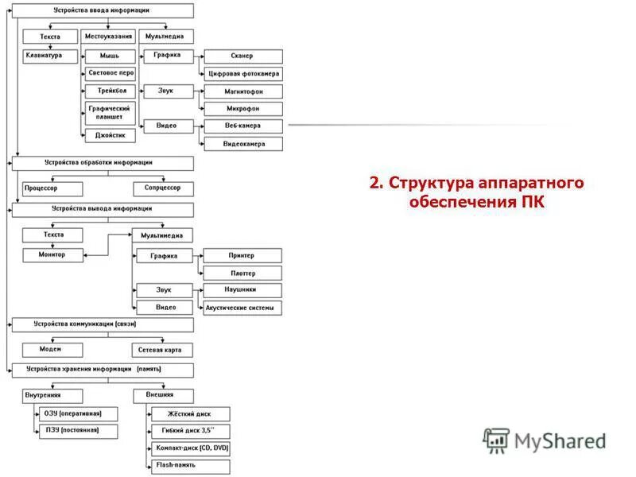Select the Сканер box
(x=242, y=56)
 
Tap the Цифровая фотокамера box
(x=242, y=74)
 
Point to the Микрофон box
(x=242, y=109)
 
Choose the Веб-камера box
(x=242, y=126)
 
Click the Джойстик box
(x=110, y=135)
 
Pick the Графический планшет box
(x=110, y=112)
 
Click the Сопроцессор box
(x=163, y=188)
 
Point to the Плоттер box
(x=242, y=273)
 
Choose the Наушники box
(x=242, y=290)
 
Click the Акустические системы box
(x=242, y=308)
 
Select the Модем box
(x=52, y=350)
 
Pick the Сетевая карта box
(x=163, y=350)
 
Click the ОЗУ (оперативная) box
(x=77, y=414)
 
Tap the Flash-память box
(x=190, y=466)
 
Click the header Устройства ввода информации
(x=102, y=10)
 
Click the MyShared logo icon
(x=496, y=440)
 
